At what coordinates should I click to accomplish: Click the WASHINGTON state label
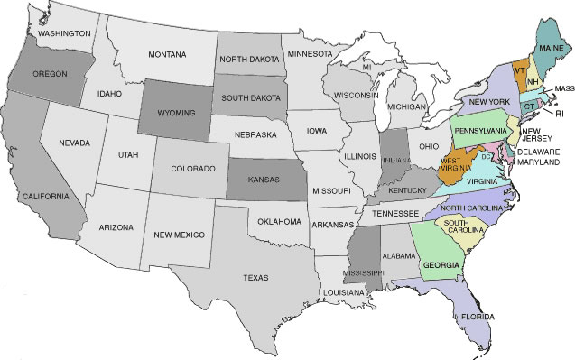(x=63, y=33)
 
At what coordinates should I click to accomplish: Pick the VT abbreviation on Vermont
(x=520, y=69)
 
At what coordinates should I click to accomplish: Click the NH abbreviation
(x=533, y=81)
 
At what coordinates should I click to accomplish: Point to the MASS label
(x=565, y=89)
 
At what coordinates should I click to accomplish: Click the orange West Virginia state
(x=454, y=167)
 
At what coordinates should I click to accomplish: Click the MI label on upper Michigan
(x=366, y=68)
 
